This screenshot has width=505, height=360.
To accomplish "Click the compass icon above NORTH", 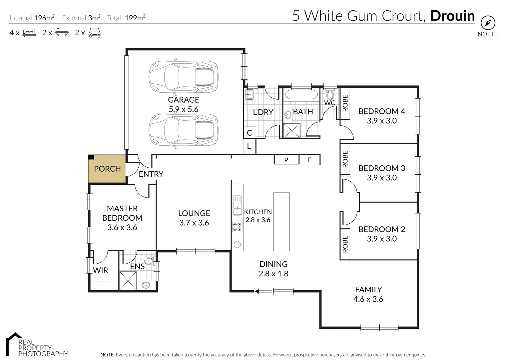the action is click(x=488, y=23).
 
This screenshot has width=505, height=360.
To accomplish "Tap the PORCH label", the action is click(x=107, y=169).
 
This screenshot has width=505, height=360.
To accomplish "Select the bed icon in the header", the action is click(x=29, y=33).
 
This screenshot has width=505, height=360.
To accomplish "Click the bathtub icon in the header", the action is click(x=62, y=32).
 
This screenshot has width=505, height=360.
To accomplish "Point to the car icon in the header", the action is click(x=95, y=33).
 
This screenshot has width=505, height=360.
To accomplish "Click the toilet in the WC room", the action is click(x=330, y=95).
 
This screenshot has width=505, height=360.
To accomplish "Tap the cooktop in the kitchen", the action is click(x=238, y=227).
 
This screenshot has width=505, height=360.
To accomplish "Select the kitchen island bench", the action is click(x=281, y=222).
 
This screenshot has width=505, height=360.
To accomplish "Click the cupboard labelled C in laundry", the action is click(x=250, y=132).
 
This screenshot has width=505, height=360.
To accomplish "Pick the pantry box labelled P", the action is click(x=286, y=160).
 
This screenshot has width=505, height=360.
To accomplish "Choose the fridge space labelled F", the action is click(x=309, y=160).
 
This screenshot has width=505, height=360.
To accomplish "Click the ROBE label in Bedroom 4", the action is click(x=345, y=103).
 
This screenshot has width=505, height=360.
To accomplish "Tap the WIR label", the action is click(x=100, y=270).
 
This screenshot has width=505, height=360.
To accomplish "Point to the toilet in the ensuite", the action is click(x=150, y=261).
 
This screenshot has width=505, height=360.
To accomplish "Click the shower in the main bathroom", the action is click(x=292, y=130).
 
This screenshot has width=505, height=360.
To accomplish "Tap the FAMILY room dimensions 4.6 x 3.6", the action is click(x=368, y=299).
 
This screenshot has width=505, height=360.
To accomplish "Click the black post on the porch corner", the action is click(x=91, y=157).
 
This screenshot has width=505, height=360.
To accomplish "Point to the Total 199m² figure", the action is click(x=135, y=18).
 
